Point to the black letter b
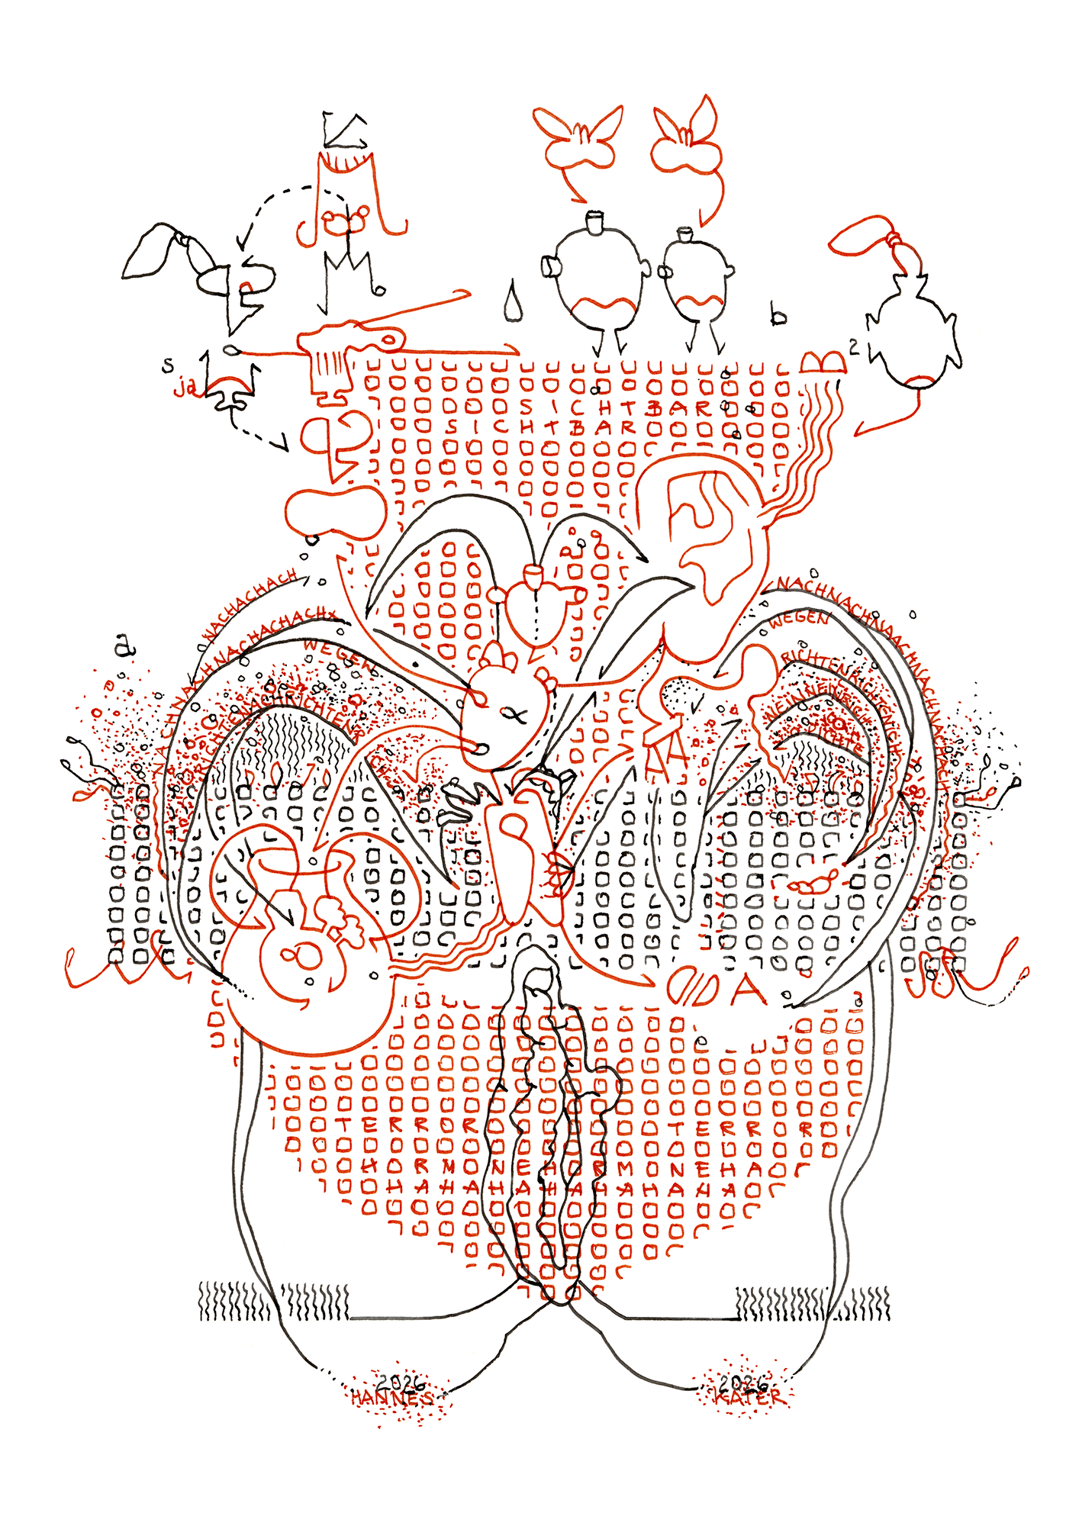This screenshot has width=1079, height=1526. [778, 314]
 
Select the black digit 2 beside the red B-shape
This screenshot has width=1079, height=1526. [854, 347]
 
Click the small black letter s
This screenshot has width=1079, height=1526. [168, 365]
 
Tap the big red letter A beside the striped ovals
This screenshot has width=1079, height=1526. [748, 989]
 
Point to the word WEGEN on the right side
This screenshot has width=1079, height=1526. [797, 620]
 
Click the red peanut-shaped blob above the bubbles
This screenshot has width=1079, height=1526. [336, 510]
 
